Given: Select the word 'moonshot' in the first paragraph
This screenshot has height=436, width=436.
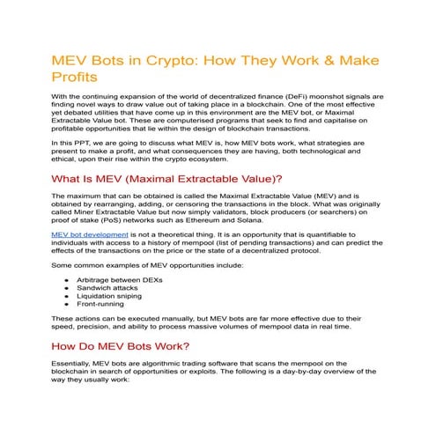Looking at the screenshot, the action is [324, 95].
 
